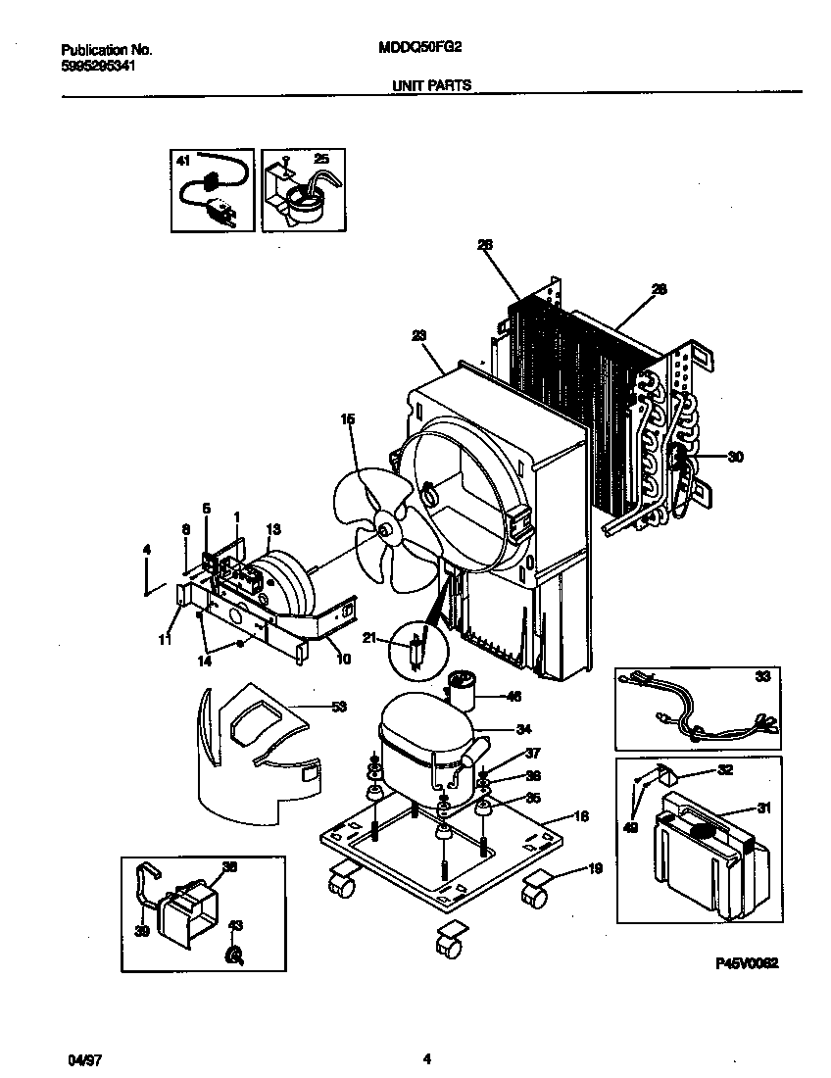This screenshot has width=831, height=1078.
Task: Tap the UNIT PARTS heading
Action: click(431, 85)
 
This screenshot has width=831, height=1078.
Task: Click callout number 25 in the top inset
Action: click(321, 158)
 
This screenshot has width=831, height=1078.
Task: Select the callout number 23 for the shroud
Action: click(419, 335)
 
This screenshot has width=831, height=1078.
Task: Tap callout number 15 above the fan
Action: click(348, 419)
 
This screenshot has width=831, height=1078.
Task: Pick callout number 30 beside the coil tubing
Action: click(736, 456)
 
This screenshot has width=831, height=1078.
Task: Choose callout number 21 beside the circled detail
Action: click(369, 638)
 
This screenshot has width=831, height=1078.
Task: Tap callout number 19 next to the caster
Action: click(596, 868)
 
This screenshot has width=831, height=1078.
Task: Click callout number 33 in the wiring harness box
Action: click(762, 676)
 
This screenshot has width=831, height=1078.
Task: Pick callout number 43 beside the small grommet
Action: click(235, 926)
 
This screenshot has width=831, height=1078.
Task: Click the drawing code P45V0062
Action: click(747, 963)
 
